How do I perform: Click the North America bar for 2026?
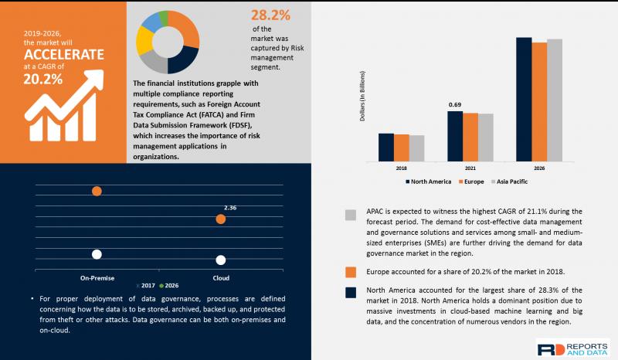coord(524,100)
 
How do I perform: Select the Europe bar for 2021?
coord(470,138)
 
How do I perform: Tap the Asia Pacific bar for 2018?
coord(416,148)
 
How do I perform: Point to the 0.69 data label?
coord(455,104)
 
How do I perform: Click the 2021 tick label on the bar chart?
coord(470,168)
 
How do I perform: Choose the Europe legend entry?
coord(471,182)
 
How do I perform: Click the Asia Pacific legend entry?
coord(509,182)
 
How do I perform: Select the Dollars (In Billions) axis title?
coord(362,96)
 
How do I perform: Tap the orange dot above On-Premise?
coord(97,192)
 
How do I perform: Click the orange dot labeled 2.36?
coord(221,219)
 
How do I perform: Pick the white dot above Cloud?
coord(221,260)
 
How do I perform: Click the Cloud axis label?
coord(221,278)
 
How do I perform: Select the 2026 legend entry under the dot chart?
coord(169,286)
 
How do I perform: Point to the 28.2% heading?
coord(271,15)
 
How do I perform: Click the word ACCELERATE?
coord(64,54)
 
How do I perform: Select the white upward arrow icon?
coord(64,105)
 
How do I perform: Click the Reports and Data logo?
coord(573,349)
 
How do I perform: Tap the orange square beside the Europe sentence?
coord(351,272)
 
